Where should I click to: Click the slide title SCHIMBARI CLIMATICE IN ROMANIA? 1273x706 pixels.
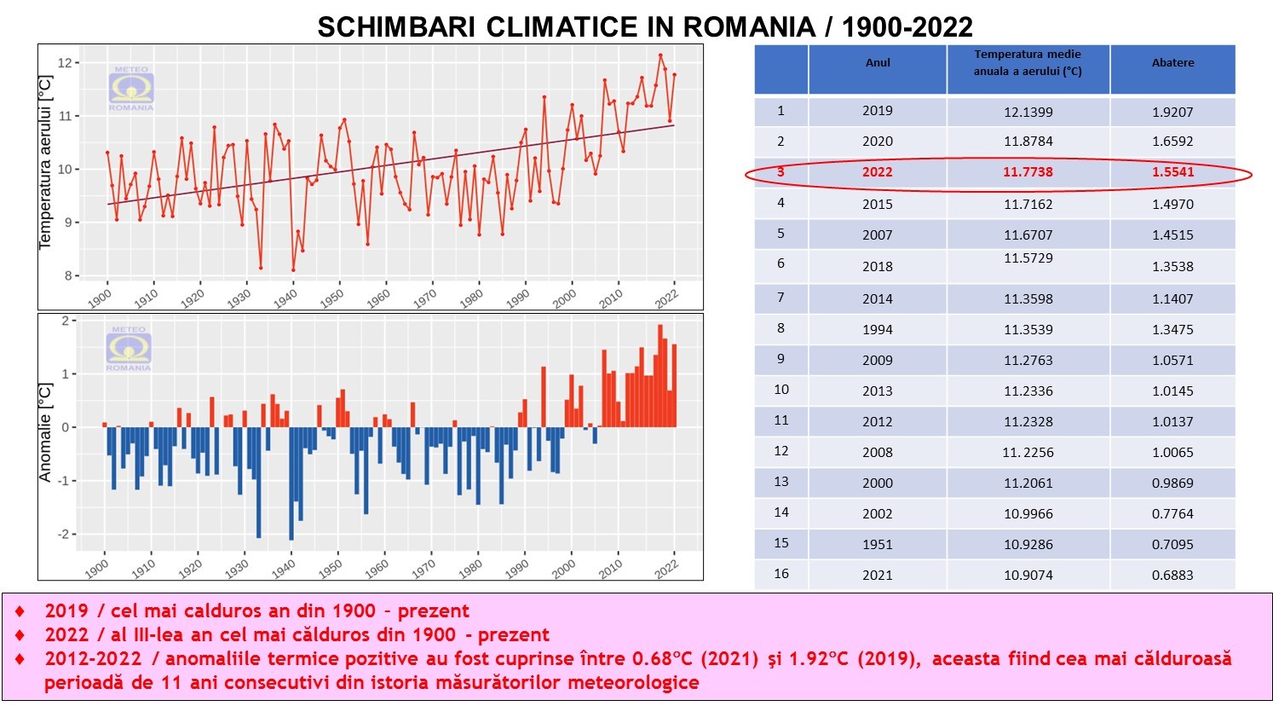644,26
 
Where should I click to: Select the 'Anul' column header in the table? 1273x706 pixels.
878,63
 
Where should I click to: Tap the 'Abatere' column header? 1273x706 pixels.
1172,63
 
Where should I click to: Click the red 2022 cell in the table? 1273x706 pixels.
877,172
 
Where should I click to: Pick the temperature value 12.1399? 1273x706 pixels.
1028,112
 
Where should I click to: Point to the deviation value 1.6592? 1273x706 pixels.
1172,142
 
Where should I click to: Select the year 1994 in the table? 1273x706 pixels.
877,330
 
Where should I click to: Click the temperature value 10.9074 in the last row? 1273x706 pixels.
1028,576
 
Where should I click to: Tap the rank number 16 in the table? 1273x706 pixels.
781,574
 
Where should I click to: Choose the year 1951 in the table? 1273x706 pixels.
877,545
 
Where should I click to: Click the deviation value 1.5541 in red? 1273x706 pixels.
1172,172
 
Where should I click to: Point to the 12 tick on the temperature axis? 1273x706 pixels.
65,63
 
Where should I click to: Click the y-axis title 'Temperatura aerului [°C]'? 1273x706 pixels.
46,162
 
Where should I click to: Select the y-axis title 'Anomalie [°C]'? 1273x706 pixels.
46,431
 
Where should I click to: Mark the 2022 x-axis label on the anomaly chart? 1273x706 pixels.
666,569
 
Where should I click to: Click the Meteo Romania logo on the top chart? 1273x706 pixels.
131,89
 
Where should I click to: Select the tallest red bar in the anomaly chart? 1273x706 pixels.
660,375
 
